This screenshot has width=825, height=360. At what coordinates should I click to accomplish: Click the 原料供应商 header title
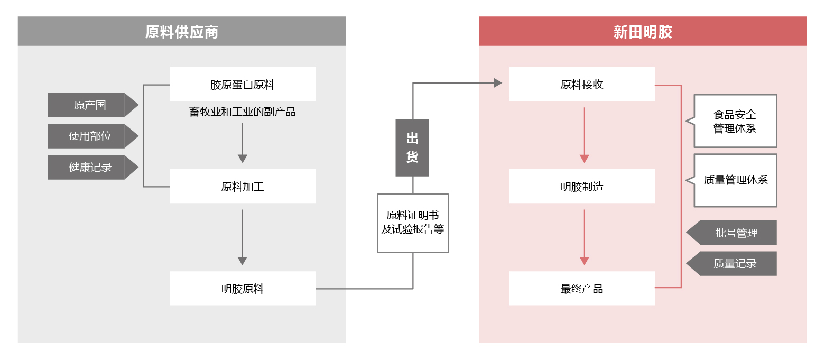pos(182,32)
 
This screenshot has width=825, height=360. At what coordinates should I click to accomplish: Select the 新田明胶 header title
pos(643,32)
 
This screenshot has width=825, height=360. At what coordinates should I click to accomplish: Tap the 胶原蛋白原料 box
pos(243,84)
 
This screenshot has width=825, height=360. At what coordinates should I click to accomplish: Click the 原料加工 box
pos(243,186)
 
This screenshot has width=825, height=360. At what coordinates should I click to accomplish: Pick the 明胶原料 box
pos(243,288)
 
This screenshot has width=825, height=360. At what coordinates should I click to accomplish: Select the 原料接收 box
pos(581,84)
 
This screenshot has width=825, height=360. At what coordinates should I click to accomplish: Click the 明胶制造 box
pos(581,186)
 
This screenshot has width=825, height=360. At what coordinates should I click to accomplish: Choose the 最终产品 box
pos(581,288)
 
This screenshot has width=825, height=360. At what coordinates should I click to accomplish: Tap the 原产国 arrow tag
pos(93,105)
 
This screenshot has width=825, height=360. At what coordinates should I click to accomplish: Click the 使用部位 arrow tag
pos(93,136)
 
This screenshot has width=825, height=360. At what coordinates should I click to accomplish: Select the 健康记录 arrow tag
pos(93,167)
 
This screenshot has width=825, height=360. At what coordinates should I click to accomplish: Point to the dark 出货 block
pos(412,148)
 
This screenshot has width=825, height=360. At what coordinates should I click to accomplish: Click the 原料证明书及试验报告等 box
pos(413,223)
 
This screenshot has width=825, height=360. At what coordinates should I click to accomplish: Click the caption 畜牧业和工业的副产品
pos(243,112)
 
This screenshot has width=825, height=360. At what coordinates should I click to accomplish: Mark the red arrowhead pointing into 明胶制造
pos(585,159)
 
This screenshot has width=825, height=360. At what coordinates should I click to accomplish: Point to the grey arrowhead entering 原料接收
pos(498,83)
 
